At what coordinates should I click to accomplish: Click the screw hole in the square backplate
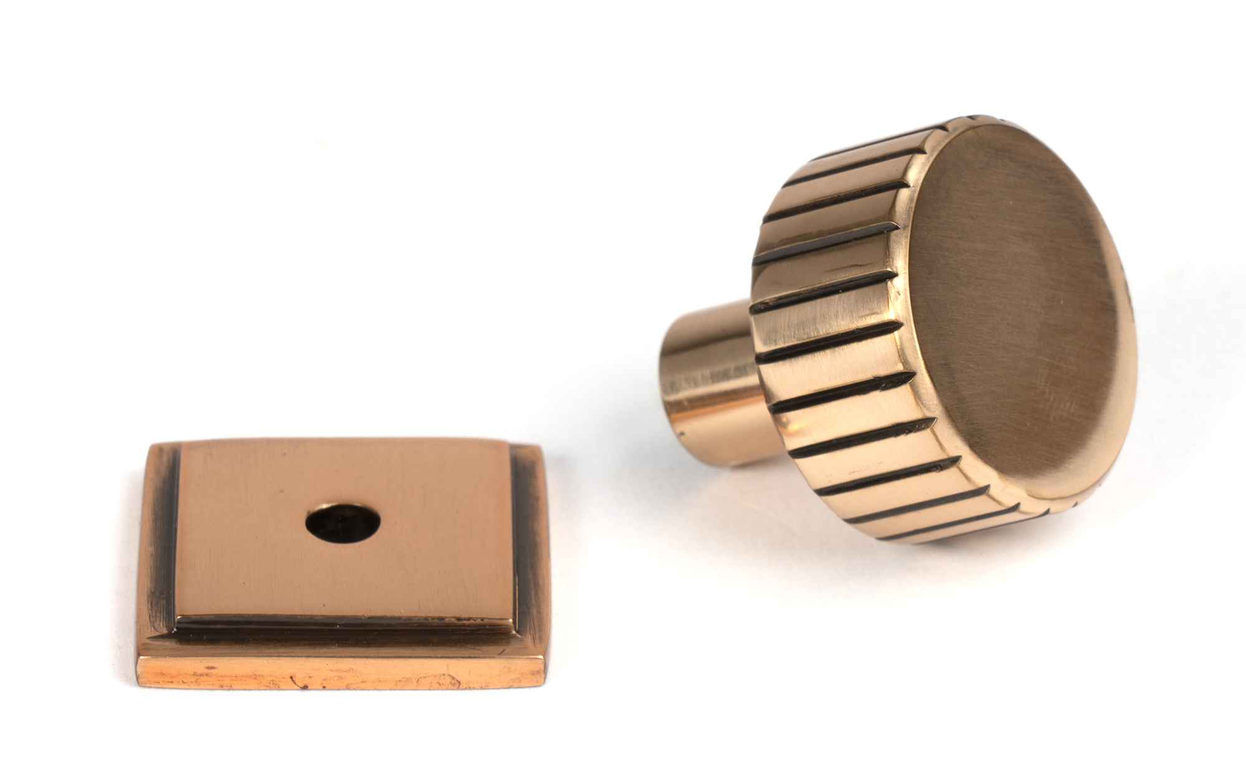pyautogui.click(x=343, y=522)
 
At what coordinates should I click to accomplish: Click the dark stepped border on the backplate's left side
pyautogui.click(x=161, y=536)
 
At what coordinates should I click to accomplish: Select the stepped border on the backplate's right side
pyautogui.click(x=527, y=536)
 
